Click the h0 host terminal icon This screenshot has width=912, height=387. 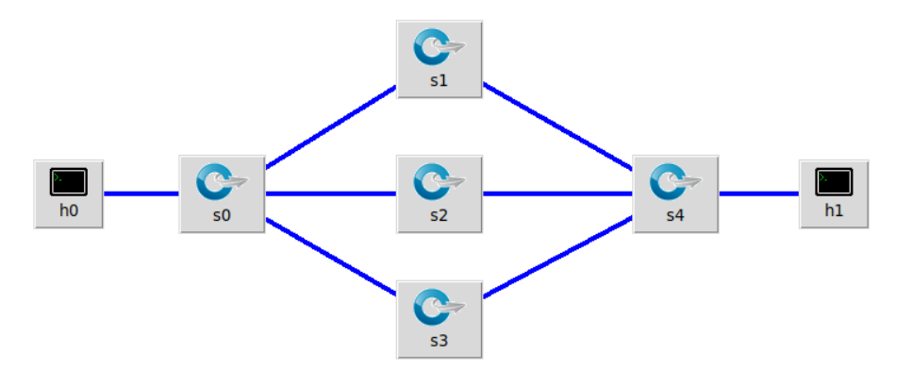[x=69, y=181]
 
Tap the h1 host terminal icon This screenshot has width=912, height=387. [x=834, y=181]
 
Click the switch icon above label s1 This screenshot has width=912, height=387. [x=439, y=46]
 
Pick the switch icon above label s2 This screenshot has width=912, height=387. [x=439, y=181]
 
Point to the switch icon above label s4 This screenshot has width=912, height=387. [x=675, y=181]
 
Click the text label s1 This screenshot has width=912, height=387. [x=439, y=80]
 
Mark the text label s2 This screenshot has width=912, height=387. [x=439, y=214]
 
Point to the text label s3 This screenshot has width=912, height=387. [x=439, y=340]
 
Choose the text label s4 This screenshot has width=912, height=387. [x=675, y=214]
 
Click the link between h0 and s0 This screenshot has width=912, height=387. [x=141, y=193]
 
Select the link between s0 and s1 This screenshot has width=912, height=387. [x=330, y=127]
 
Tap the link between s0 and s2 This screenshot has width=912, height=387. [x=330, y=193]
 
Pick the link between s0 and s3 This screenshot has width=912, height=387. [x=330, y=258]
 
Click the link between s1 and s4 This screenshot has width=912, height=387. [x=558, y=127]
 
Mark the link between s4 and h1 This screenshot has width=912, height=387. [x=759, y=193]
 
